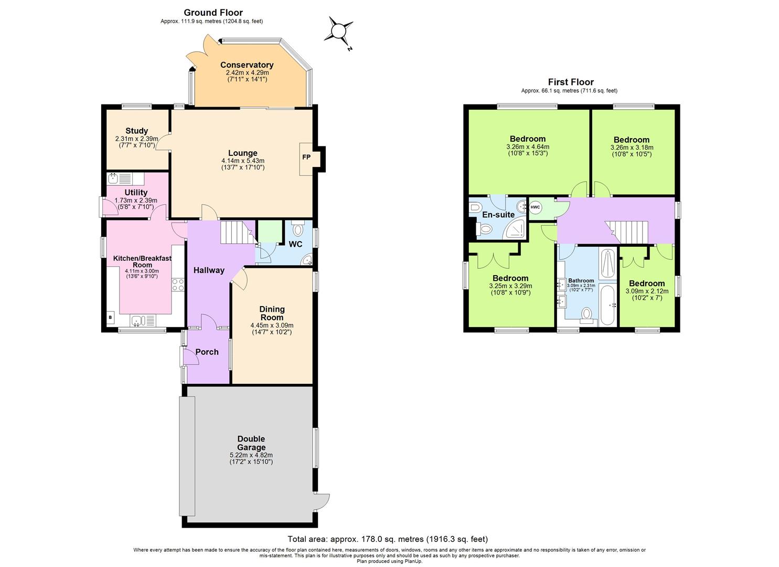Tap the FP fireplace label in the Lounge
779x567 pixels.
[306, 157]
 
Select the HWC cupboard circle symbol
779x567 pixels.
[535, 207]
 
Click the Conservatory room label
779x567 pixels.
[247, 65]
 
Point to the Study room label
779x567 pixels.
[136, 131]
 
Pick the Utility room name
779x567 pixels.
[136, 193]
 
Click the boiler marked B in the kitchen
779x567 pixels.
[110, 317]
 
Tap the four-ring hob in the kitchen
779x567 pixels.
[178, 285]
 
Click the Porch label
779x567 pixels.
[207, 352]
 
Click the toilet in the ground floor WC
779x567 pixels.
[297, 229]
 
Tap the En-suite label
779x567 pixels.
[498, 215]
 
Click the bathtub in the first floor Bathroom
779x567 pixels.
[609, 305]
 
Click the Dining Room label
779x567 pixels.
[272, 313]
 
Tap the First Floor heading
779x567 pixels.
[571, 82]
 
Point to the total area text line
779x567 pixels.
[388, 539]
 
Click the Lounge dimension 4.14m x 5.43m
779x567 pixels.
[242, 161]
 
